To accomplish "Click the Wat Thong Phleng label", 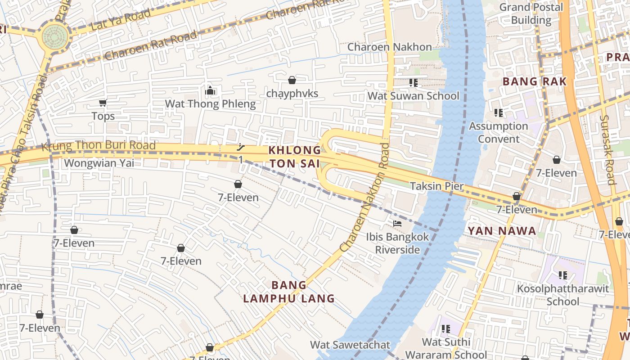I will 210,104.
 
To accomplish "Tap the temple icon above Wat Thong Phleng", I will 210,91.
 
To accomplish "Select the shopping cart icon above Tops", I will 103,103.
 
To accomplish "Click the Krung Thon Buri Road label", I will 99,146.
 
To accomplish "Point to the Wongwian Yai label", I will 99,163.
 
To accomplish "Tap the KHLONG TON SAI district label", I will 295,157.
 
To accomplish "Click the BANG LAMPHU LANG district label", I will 289,292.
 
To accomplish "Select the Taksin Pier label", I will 436,186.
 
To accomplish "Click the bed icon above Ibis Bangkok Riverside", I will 397,223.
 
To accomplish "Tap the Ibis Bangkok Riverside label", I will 397,243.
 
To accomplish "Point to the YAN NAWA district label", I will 502,231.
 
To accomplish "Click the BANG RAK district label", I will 534,81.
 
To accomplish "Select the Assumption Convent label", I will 499,132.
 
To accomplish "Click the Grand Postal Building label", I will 531,13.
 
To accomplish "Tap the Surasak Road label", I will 607,149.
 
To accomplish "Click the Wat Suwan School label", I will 413,96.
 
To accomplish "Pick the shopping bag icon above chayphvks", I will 292,81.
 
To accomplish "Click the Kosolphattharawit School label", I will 562,295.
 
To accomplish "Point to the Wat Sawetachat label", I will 350,345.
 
